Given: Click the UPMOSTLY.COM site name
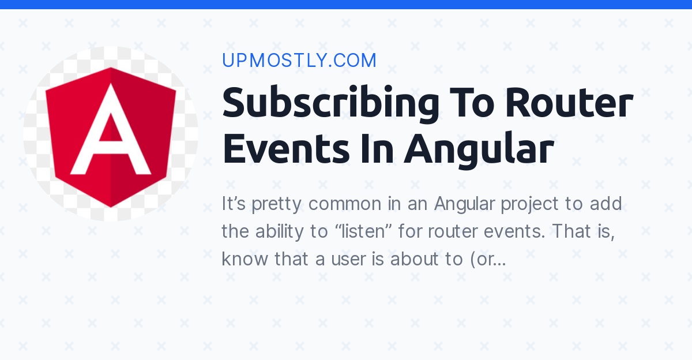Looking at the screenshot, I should coord(299,61).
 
